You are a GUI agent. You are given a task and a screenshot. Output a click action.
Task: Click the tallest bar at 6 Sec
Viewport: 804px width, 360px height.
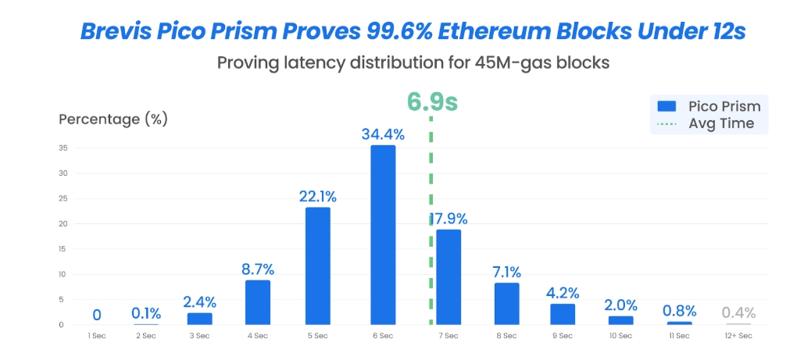coord(383,234)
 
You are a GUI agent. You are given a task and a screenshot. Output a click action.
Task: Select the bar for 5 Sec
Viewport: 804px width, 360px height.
coord(318,266)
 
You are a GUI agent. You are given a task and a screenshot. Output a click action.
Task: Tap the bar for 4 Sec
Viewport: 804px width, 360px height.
coord(258,302)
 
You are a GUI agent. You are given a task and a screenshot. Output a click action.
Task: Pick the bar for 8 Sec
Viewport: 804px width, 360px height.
coord(506,304)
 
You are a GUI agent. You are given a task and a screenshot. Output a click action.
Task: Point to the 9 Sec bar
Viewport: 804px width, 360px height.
coord(563,314)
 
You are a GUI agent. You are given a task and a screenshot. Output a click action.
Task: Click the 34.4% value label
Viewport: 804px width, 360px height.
coord(383,134)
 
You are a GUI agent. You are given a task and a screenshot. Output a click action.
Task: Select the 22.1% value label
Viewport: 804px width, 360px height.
coord(317,196)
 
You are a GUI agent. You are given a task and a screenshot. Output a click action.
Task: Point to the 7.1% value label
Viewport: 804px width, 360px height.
coord(506,272)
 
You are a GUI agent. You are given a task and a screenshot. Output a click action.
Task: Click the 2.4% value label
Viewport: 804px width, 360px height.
coord(199,301)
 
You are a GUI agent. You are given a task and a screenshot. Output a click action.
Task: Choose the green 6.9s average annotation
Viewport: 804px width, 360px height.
coord(432,102)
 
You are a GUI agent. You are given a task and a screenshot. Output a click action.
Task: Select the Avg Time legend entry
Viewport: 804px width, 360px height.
coord(708,123)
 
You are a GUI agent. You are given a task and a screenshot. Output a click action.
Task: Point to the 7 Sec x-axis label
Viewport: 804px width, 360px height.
coord(448,336)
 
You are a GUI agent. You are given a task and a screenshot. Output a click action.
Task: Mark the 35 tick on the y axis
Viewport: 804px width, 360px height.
coord(63,148)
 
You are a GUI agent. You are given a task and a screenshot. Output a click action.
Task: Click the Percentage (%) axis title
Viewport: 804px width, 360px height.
coord(113,119)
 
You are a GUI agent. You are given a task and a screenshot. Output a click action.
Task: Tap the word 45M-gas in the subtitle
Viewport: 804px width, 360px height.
coord(512,63)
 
